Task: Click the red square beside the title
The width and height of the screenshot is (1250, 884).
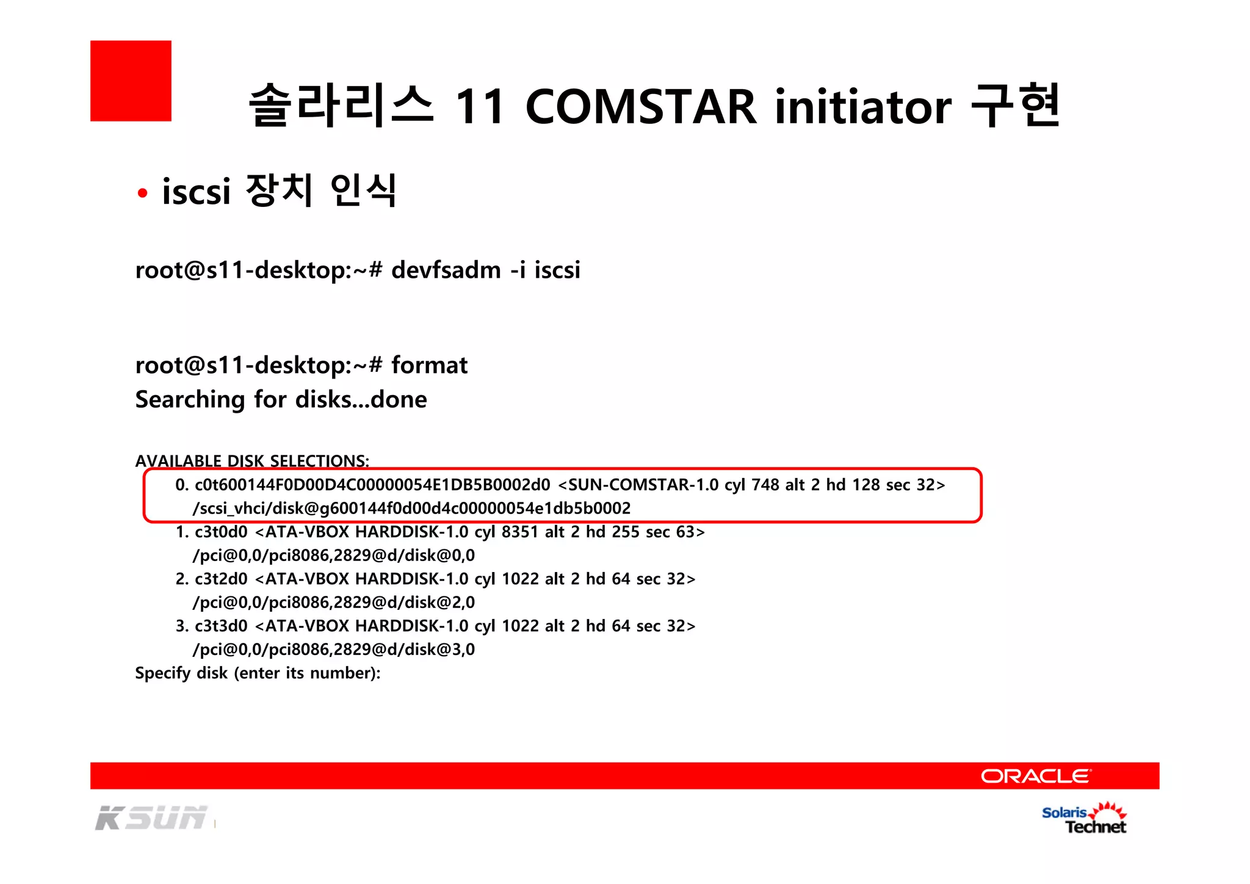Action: tap(131, 81)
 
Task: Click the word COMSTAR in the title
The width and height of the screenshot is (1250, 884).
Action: tap(641, 107)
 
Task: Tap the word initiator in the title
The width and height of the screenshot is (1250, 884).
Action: tap(862, 107)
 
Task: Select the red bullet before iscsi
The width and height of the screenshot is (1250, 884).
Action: tap(143, 194)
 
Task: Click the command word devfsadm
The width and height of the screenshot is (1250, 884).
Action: tap(446, 270)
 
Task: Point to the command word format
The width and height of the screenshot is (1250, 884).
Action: tap(429, 365)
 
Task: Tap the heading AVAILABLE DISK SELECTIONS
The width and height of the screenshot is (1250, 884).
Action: tap(252, 460)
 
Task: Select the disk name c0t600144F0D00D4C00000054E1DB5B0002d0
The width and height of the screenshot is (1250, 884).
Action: tap(372, 485)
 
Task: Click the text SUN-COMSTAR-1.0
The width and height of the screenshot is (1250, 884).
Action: tap(643, 485)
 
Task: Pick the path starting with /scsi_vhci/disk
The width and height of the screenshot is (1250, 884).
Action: tap(411, 508)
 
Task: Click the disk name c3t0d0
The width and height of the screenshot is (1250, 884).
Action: tap(221, 532)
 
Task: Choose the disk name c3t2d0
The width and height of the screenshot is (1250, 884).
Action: tap(221, 579)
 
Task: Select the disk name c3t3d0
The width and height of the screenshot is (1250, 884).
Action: tap(221, 626)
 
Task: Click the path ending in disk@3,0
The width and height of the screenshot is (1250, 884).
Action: tap(334, 649)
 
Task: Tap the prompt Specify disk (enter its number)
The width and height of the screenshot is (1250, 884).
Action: tap(258, 673)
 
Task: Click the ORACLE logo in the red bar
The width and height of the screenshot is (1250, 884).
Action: tap(1035, 776)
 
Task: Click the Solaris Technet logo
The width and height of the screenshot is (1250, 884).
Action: tap(1084, 818)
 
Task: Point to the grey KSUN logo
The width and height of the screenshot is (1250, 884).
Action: tap(151, 818)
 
